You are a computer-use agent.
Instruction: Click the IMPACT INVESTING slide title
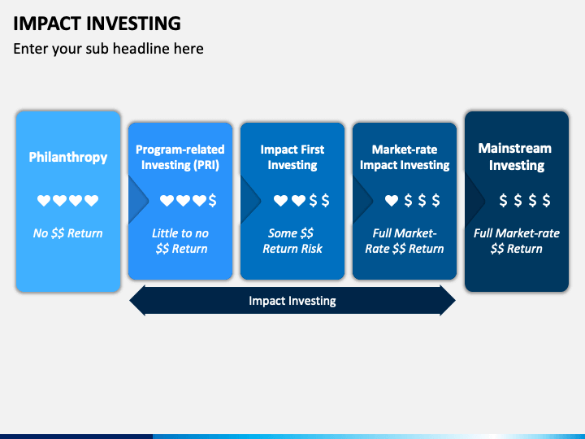click(97, 24)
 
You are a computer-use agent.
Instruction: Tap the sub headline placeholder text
click(108, 49)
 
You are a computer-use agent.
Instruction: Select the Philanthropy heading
click(68, 158)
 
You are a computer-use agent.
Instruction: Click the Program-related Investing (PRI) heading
click(180, 157)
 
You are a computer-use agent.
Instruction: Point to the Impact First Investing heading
click(292, 157)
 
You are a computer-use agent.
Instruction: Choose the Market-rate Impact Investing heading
click(405, 157)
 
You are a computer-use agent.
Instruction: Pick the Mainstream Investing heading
click(517, 157)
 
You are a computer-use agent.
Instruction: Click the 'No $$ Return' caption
click(67, 233)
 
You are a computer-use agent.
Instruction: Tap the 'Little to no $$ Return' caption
click(180, 241)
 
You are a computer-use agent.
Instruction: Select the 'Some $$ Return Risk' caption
click(292, 241)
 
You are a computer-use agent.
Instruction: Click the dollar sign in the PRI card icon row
click(212, 201)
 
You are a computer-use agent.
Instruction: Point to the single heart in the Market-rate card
click(392, 201)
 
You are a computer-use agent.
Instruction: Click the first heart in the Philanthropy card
click(44, 201)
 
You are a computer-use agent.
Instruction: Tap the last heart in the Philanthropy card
click(91, 201)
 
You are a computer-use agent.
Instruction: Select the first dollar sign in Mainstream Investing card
click(503, 201)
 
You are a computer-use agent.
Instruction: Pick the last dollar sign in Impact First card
click(325, 201)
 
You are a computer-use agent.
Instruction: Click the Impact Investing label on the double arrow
click(292, 301)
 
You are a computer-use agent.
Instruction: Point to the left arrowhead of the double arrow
click(137, 301)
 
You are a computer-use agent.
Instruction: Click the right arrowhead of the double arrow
click(448, 301)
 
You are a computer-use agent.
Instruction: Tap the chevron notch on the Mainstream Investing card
click(474, 201)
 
